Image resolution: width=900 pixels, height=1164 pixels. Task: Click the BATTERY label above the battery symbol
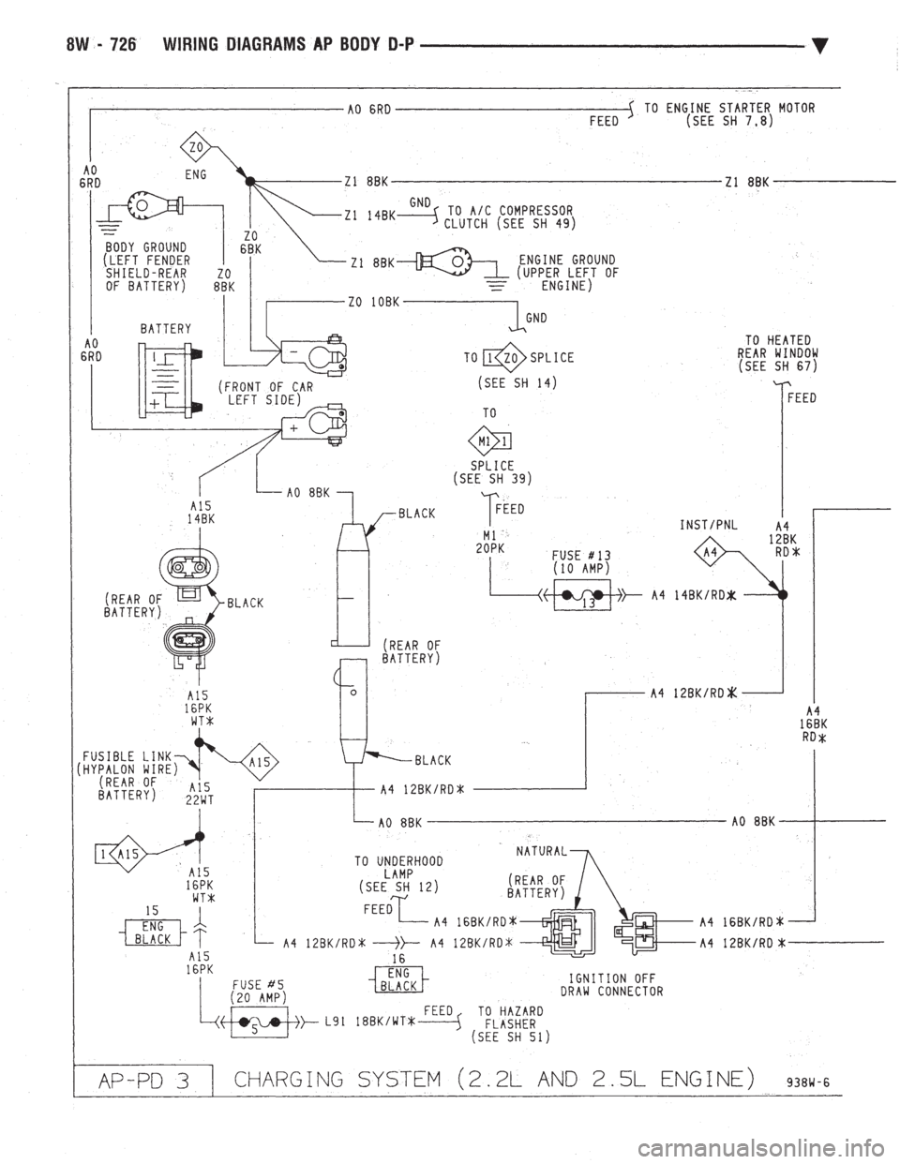(x=167, y=329)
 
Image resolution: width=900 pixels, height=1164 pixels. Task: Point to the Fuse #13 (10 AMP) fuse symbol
(x=581, y=595)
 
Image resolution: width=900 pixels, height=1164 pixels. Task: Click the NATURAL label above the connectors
(x=542, y=852)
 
